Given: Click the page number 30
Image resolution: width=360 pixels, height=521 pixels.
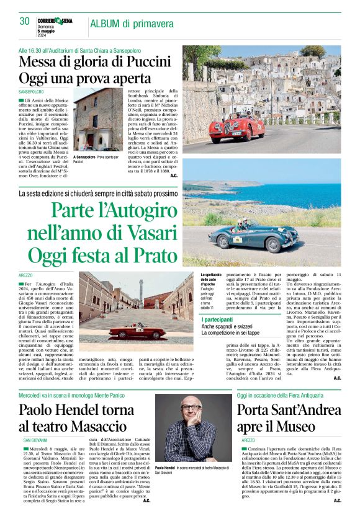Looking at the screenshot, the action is (25, 22).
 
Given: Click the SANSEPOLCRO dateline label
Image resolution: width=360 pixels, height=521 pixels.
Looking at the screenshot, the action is (32, 91).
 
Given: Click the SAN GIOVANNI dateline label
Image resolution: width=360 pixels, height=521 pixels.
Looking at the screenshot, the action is (35, 441).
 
